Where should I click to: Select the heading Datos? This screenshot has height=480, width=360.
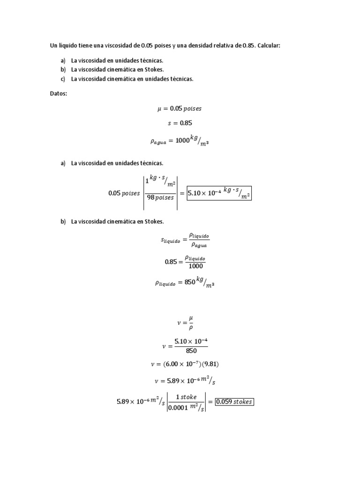[59, 94]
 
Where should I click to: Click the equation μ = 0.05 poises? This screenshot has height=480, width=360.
[180, 108]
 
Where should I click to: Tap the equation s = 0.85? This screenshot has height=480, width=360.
[180, 123]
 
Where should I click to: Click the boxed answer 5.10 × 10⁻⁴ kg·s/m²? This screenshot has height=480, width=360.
[218, 192]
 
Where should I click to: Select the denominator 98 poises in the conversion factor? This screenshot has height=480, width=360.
[160, 198]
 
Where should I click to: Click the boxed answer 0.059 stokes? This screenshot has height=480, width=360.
[234, 402]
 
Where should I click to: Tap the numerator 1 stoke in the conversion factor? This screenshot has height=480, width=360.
[186, 397]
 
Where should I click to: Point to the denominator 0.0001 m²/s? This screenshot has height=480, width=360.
[186, 408]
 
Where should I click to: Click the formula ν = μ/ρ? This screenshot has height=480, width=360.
[185, 323]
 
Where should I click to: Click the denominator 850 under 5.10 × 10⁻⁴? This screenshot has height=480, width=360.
[191, 351]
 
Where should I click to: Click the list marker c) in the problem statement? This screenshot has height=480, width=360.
[63, 79]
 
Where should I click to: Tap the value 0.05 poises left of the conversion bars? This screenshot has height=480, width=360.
[124, 193]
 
